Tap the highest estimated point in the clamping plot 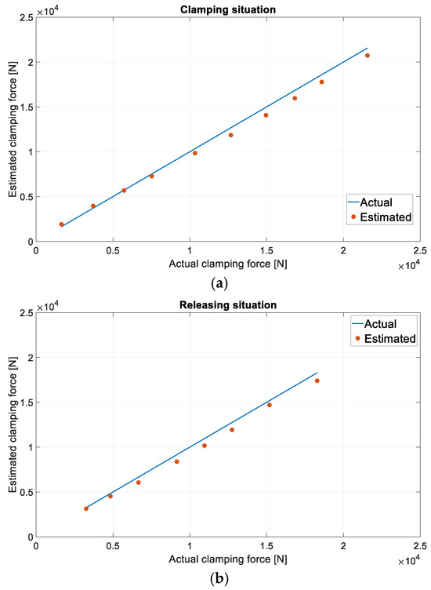(367, 56)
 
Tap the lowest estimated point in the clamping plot (61, 224)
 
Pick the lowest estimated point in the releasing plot (86, 508)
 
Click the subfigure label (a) (227, 283)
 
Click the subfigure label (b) (227, 578)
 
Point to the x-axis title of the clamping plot (227, 264)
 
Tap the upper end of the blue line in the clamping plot (367, 48)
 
